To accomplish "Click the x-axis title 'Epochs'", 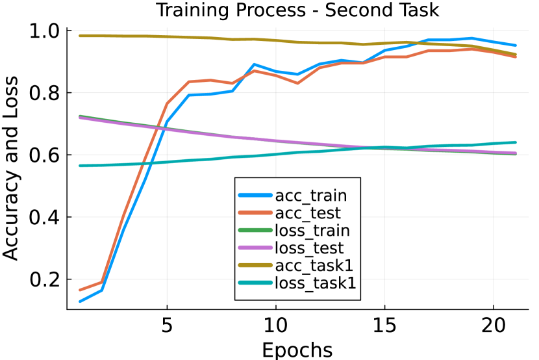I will click(x=297, y=349).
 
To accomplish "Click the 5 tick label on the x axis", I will click(x=167, y=324).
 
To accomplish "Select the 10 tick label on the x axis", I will click(x=276, y=324).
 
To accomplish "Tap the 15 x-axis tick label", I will click(x=385, y=324).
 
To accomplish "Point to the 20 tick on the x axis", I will click(x=494, y=324).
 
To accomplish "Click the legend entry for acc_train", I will click(x=310, y=195).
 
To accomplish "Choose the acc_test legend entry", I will click(x=308, y=212).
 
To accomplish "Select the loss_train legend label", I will click(x=312, y=230).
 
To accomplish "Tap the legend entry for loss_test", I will click(x=309, y=248).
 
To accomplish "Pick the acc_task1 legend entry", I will click(x=312, y=265).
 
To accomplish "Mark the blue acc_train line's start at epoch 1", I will click(x=80, y=302).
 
